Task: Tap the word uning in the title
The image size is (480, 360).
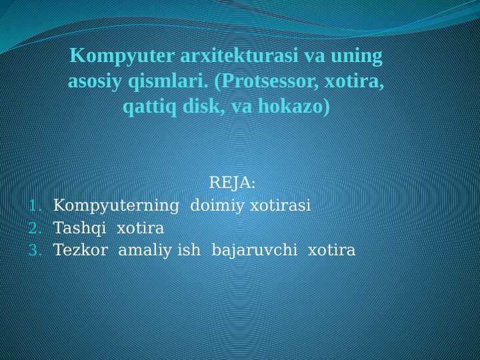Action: click(x=361, y=56)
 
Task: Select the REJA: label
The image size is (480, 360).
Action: click(x=232, y=183)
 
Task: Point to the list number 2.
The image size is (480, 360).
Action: click(x=35, y=229)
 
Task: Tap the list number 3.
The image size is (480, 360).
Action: click(x=35, y=251)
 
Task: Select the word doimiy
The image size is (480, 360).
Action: click(x=217, y=205)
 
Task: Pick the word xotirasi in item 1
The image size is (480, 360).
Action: click(x=280, y=205)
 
